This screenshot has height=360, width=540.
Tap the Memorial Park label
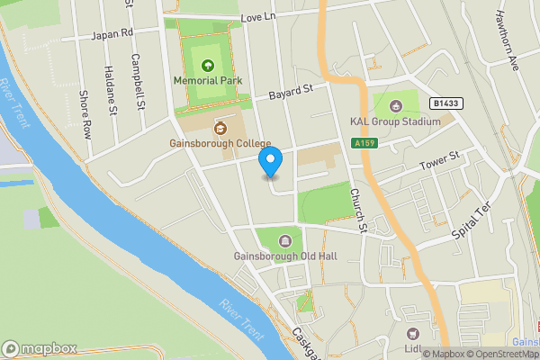pos(209,79)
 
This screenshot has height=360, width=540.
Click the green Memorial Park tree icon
pos(209,65)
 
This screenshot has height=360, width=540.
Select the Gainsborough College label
pos(220,143)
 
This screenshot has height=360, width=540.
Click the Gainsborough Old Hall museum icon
pos(285,240)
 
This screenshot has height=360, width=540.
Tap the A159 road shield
pos(364,143)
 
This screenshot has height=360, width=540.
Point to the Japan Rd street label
pos(110,35)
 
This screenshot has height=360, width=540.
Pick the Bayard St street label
pos(290,92)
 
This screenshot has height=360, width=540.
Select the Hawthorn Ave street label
pos(508,40)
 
